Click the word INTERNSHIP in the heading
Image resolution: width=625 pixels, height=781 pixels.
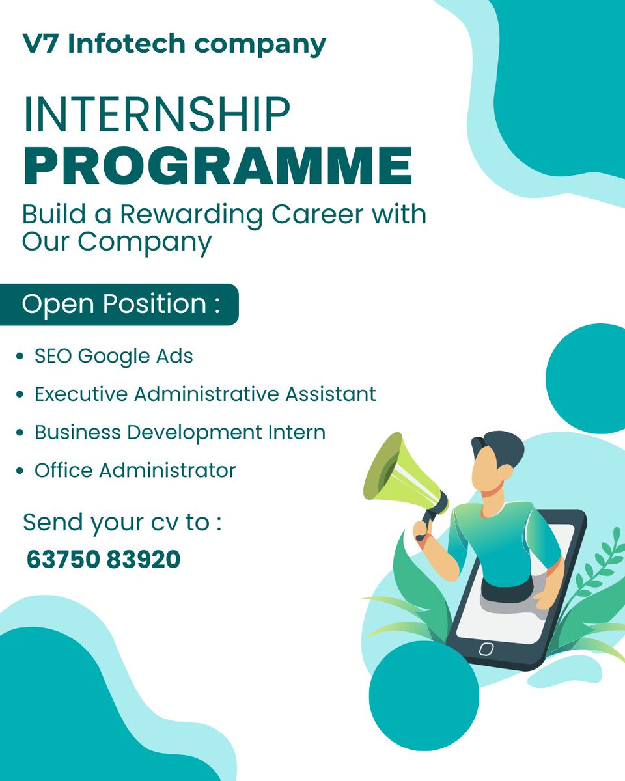[x=156, y=115]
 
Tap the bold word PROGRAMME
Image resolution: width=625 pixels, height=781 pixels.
[x=217, y=166]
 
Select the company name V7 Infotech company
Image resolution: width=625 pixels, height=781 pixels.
[x=174, y=44]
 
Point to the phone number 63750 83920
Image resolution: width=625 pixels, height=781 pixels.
[x=104, y=559]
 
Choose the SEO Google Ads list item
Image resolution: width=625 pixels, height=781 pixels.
[x=114, y=356]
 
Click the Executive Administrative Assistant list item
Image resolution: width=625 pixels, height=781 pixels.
[x=205, y=394]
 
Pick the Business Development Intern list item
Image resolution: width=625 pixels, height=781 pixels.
[x=180, y=432]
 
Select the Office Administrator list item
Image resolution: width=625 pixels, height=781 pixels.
[x=135, y=470]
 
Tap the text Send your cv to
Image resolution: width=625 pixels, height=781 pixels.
[x=122, y=522]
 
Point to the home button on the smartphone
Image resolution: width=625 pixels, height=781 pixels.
[x=486, y=648]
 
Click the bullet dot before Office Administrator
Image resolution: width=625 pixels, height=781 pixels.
[x=21, y=471]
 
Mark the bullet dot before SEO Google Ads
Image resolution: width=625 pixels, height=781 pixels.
[x=21, y=357]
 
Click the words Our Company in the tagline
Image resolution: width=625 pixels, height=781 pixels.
[x=117, y=241]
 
